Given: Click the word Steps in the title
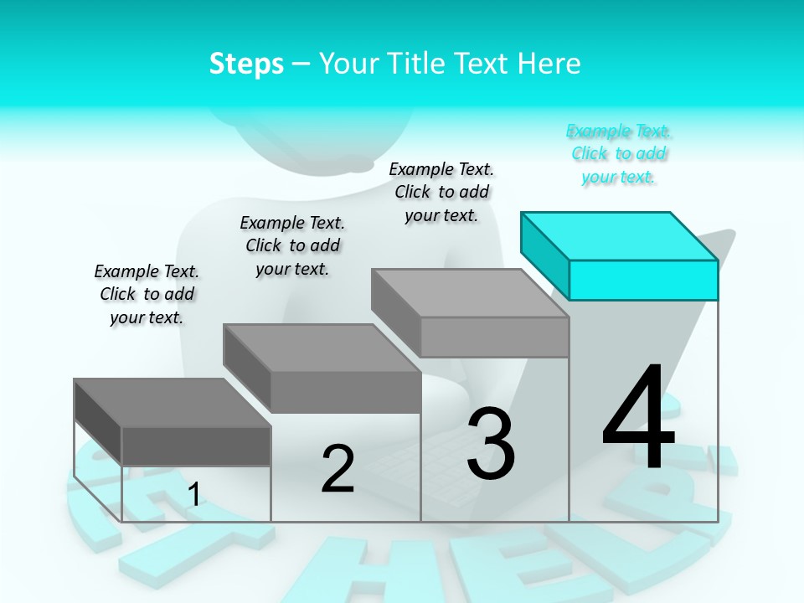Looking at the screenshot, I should pyautogui.click(x=246, y=64).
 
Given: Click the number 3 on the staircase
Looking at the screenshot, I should pyautogui.click(x=491, y=444).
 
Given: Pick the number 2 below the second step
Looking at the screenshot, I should pyautogui.click(x=338, y=469).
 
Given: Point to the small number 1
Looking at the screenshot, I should pyautogui.click(x=193, y=494).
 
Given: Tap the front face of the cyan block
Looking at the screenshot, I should pyautogui.click(x=643, y=280).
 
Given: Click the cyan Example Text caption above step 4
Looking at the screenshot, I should pyautogui.click(x=619, y=154).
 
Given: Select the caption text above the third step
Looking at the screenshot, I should pyautogui.click(x=441, y=192).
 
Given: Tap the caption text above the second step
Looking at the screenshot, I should pyautogui.click(x=292, y=245).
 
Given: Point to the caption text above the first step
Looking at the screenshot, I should pyautogui.click(x=147, y=294).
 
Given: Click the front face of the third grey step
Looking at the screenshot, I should pyautogui.click(x=494, y=337).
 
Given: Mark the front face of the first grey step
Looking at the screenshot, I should pyautogui.click(x=196, y=446).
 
